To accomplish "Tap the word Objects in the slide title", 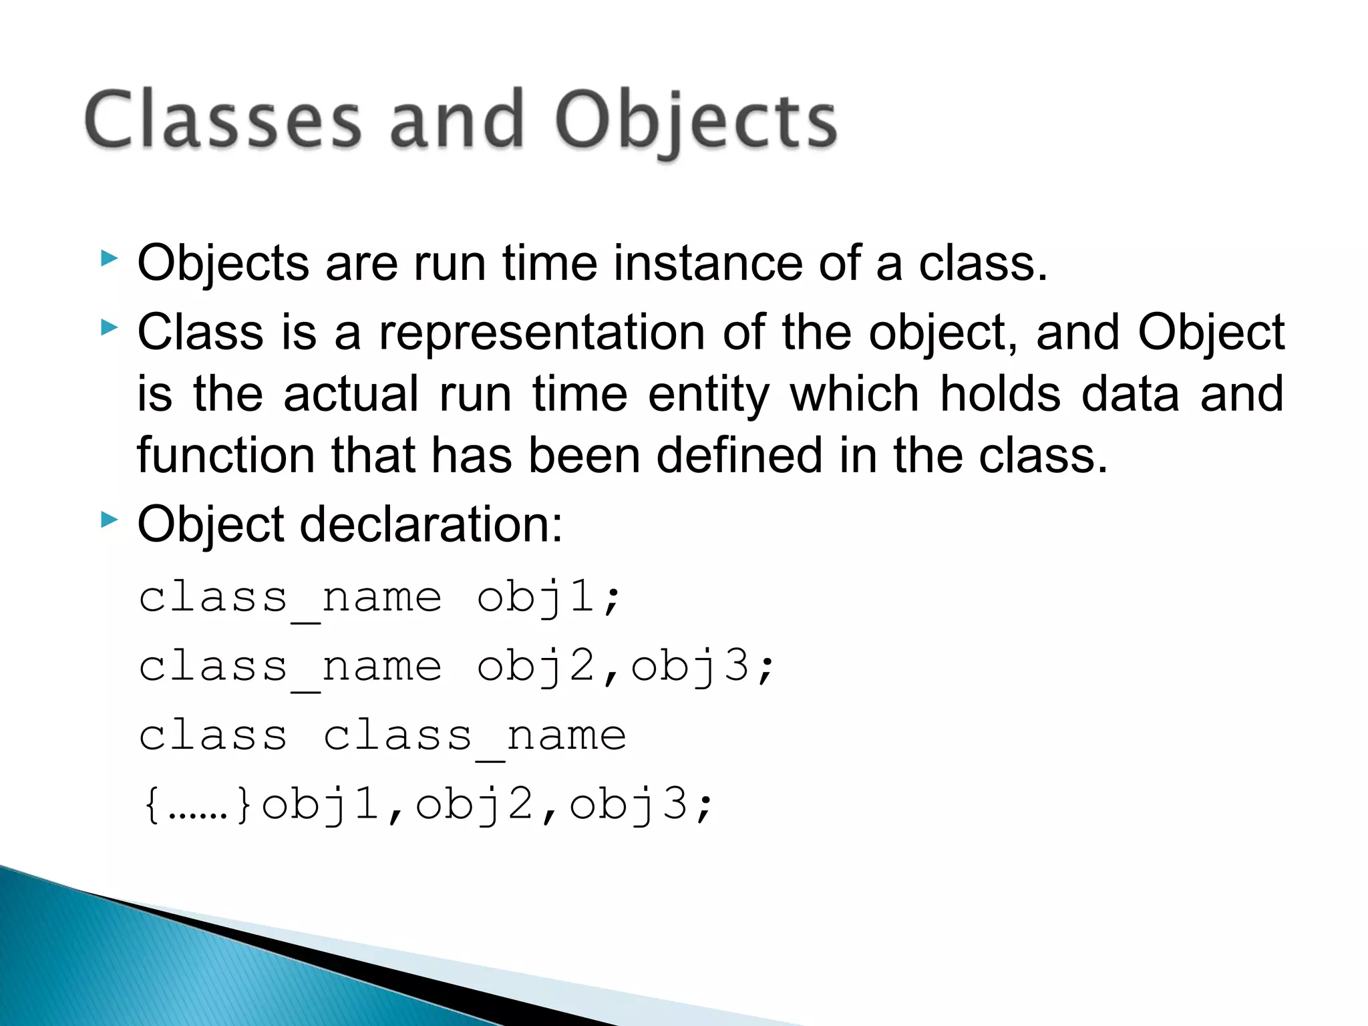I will pos(695,122).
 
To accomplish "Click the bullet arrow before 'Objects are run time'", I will pos(109,259).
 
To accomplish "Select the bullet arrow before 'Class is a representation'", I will pos(109,327).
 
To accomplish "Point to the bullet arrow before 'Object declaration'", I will pos(109,520).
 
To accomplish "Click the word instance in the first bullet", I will pos(708,263).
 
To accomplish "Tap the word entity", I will pos(709,394).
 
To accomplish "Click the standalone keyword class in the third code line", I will pos(213,735).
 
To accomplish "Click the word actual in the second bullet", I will pos(351,394).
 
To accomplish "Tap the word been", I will pos(584,456).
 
